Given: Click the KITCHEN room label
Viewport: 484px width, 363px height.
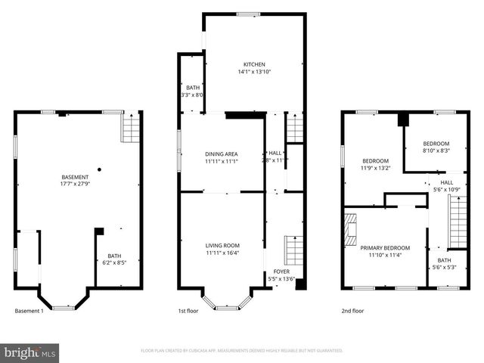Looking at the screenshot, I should pyautogui.click(x=253, y=64).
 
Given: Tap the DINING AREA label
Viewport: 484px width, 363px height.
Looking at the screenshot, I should pyautogui.click(x=222, y=154).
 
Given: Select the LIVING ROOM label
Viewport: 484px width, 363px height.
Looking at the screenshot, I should pyautogui.click(x=222, y=246).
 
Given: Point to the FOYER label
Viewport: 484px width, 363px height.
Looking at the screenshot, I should pyautogui.click(x=281, y=271).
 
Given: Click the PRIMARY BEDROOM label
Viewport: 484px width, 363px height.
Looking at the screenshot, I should pyautogui.click(x=385, y=248).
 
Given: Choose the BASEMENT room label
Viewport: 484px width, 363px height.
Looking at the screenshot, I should pyautogui.click(x=75, y=177).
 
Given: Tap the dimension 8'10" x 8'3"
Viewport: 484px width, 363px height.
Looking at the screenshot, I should pyautogui.click(x=436, y=150).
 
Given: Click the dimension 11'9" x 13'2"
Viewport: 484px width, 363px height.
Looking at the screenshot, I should pyautogui.click(x=375, y=168).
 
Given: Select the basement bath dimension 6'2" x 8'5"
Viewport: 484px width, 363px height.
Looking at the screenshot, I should pyautogui.click(x=114, y=263).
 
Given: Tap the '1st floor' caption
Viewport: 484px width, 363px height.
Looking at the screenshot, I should pyautogui.click(x=188, y=311).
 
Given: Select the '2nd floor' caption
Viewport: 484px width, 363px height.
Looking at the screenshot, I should pyautogui.click(x=352, y=311).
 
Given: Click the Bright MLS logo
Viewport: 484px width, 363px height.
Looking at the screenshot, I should pyautogui.click(x=30, y=352).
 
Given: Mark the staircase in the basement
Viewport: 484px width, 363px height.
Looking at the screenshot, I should pyautogui.click(x=131, y=129).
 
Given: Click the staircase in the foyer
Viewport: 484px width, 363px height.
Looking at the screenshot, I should pyautogui.click(x=293, y=248).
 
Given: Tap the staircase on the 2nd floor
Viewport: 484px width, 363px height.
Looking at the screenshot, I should pyautogui.click(x=458, y=221).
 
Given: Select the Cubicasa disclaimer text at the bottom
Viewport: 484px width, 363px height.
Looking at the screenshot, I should pyautogui.click(x=242, y=351).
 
